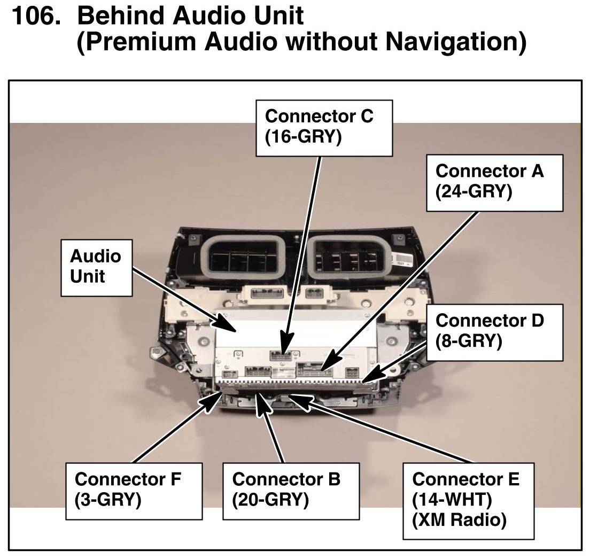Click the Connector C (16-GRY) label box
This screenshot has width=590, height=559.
pyautogui.click(x=324, y=128)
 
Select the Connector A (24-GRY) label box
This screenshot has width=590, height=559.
pyautogui.click(x=494, y=183)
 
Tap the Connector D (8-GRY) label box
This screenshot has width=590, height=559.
pyautogui.click(x=494, y=332)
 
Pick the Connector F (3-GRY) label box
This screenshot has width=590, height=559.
pyautogui.click(x=134, y=491)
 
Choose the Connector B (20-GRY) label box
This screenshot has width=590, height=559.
pyautogui.click(x=291, y=491)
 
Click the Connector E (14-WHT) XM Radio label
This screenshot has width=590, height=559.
pyautogui.click(x=469, y=501)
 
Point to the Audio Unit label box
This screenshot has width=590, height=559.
pyautogui.click(x=96, y=268)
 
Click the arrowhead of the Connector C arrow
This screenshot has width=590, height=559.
pyautogui.click(x=285, y=345)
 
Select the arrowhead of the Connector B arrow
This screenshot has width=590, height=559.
pyautogui.click(x=262, y=404)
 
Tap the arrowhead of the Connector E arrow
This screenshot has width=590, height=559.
pyautogui.click(x=299, y=400)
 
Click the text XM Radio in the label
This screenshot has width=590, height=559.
pyautogui.click(x=459, y=520)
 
